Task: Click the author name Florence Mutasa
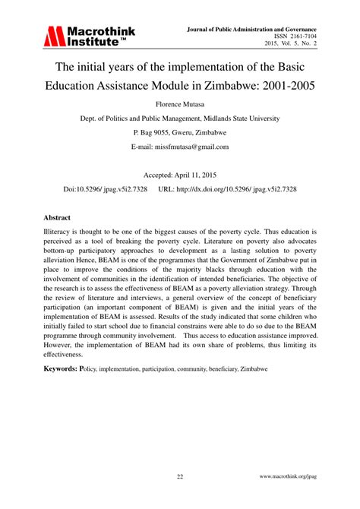click(180, 100)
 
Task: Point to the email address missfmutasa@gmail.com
click(180, 147)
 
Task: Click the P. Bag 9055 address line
click(180, 131)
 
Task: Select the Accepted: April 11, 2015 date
click(180, 174)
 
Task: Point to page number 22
click(180, 477)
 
